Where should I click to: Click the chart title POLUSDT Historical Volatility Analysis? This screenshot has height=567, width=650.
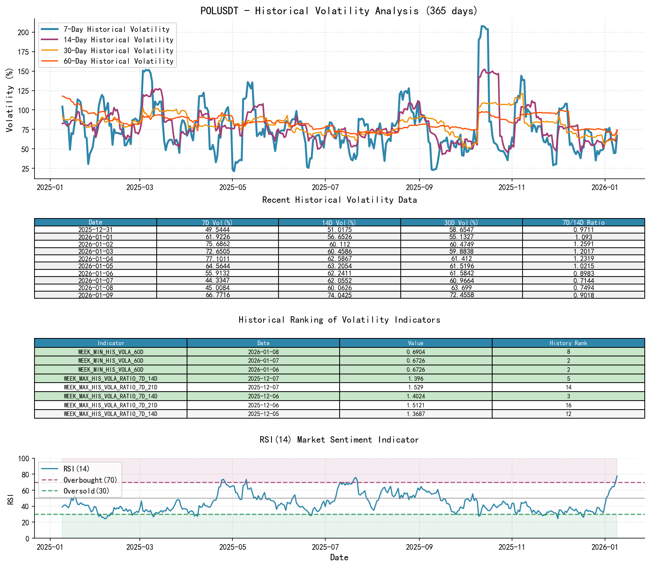click(339, 10)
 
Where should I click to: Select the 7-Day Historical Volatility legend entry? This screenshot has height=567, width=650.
click(116, 29)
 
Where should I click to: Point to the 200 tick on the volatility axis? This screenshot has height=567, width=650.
click(23, 32)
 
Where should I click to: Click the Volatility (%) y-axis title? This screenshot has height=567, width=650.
click(9, 100)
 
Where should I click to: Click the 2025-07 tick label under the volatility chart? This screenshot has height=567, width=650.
click(325, 187)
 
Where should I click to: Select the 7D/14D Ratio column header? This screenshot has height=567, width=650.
click(583, 222)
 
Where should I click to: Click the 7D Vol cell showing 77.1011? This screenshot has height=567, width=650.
click(217, 259)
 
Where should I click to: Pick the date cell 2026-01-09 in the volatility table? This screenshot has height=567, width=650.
click(95, 295)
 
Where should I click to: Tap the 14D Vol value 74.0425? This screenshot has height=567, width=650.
click(339, 295)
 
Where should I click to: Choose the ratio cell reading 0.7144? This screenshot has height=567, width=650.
click(583, 281)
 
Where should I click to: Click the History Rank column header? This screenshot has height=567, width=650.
click(568, 343)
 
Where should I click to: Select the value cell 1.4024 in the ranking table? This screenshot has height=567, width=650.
click(416, 396)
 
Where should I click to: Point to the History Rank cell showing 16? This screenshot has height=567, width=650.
click(568, 405)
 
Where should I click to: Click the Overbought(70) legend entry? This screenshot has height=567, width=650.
click(90, 480)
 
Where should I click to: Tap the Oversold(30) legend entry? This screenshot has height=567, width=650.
click(86, 491)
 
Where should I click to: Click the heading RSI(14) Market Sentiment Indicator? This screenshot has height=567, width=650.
click(339, 440)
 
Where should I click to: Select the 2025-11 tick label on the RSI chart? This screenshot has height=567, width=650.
click(511, 547)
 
